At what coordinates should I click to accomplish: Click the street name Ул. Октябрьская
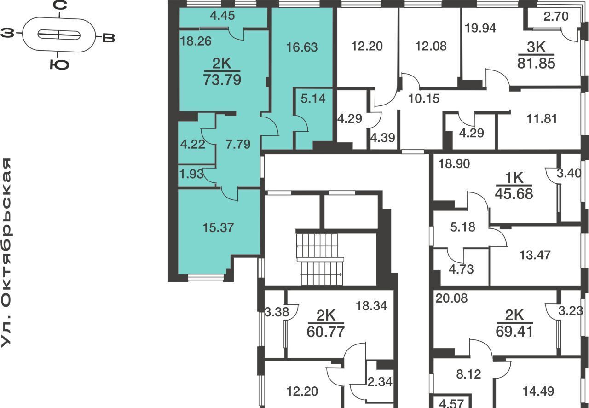click(x=6, y=253)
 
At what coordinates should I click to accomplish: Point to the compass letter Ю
click(x=59, y=64)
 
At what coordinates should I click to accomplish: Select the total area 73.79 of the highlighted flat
click(x=222, y=80)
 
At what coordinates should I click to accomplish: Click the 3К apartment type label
click(x=536, y=47)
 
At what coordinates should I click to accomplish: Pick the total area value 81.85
click(x=536, y=64)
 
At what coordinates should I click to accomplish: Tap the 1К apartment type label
click(x=514, y=178)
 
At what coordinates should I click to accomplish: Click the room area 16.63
click(x=302, y=47)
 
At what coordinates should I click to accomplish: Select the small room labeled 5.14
click(x=313, y=99)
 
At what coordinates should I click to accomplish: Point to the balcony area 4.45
click(x=222, y=16)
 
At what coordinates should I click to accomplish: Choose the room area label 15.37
click(x=218, y=227)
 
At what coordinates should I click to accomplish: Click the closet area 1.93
click(x=192, y=174)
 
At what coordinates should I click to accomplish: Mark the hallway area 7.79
click(x=238, y=144)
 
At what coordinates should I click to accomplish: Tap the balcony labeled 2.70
click(x=556, y=16)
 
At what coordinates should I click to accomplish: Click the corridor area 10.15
click(x=424, y=99)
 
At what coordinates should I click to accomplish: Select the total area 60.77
click(x=326, y=332)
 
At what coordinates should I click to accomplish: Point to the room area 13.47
click(x=535, y=255)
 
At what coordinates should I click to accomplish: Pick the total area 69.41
click(x=514, y=331)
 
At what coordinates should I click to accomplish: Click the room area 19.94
click(x=480, y=28)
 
